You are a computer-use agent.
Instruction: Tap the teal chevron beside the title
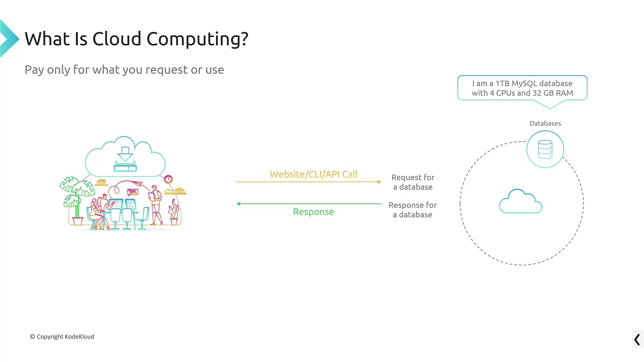pyautogui.click(x=9, y=39)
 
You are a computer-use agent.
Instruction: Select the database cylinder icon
pyautogui.click(x=545, y=149)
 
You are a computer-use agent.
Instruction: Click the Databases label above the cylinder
pyautogui.click(x=545, y=123)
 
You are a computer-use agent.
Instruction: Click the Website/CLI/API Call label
pyautogui.click(x=314, y=174)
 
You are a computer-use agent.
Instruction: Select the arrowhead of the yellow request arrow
pyautogui.click(x=380, y=182)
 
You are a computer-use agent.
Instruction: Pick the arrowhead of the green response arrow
pyautogui.click(x=238, y=203)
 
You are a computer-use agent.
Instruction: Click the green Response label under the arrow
pyautogui.click(x=313, y=212)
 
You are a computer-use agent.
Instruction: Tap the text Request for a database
pyautogui.click(x=413, y=182)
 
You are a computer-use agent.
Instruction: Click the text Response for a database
pyautogui.click(x=413, y=210)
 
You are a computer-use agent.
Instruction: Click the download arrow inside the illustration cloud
pyautogui.click(x=125, y=154)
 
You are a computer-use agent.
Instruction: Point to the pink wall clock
pyautogui.click(x=168, y=179)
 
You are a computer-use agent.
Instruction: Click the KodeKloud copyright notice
pyautogui.click(x=62, y=337)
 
